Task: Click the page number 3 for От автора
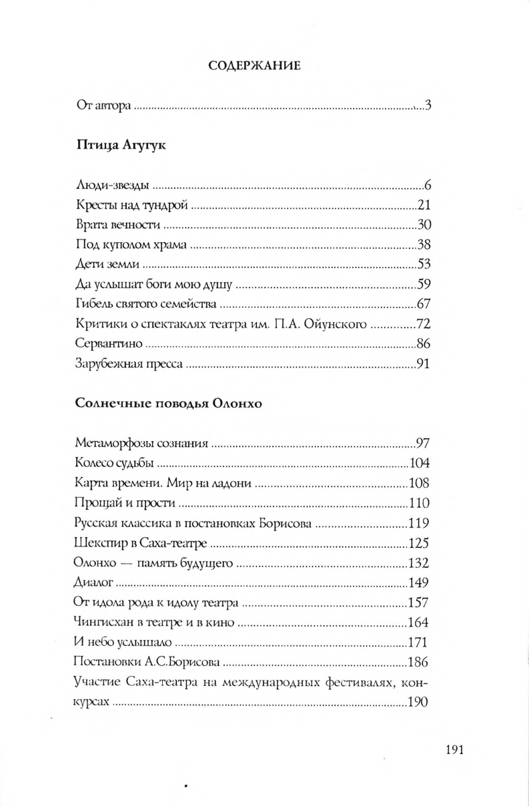430,105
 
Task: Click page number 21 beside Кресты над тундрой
426,205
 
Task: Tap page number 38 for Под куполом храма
426,243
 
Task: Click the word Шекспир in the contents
97,524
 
